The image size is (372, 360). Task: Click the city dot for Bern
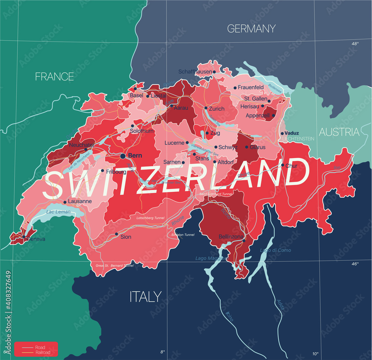pyautogui.click(x=122, y=156)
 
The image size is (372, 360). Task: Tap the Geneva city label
pyautogui.click(x=36, y=239)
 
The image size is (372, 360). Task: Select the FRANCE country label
pyautogui.click(x=54, y=77)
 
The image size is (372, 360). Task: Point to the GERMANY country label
pyautogui.click(x=251, y=28)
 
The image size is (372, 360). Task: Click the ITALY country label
pyautogui.click(x=145, y=297)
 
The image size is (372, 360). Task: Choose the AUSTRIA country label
pyautogui.click(x=339, y=132)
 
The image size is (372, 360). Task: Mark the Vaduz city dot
pyautogui.click(x=282, y=133)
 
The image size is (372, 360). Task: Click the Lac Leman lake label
pyautogui.click(x=58, y=212)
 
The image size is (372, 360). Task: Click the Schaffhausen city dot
pyautogui.click(x=214, y=72)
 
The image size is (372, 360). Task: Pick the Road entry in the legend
pyautogui.click(x=40, y=347)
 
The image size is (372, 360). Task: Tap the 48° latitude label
pyautogui.click(x=355, y=44)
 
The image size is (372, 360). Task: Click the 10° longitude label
pyautogui.click(x=315, y=354)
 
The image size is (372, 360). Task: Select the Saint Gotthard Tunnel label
pyautogui.click(x=216, y=194)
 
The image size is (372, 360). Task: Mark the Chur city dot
pyautogui.click(x=282, y=165)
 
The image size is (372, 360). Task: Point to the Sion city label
pyautogui.click(x=126, y=237)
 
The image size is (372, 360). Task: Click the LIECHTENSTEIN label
pyautogui.click(x=298, y=138)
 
